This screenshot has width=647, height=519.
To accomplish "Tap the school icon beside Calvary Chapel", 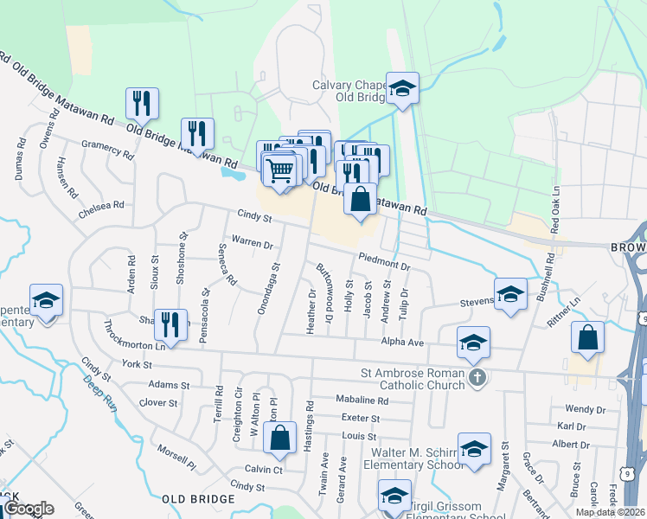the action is [402, 88].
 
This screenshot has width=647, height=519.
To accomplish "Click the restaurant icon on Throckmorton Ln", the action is [170, 325].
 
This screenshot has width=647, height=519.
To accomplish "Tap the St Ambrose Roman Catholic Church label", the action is [412, 379].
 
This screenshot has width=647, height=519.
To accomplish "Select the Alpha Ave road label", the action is [404, 343].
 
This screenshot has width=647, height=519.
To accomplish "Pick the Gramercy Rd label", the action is [107, 151].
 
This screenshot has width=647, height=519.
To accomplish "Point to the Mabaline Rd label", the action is [362, 400].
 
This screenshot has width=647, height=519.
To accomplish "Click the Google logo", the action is [29, 509].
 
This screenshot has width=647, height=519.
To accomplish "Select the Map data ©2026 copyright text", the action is [609, 512].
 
